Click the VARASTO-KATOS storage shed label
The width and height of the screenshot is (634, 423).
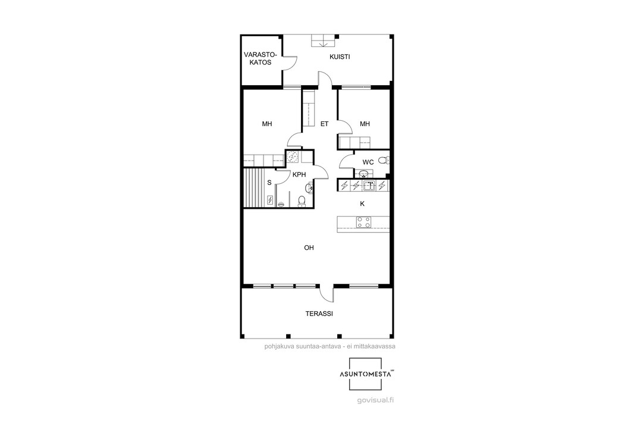(260, 58)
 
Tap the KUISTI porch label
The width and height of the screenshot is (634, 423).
(340, 57)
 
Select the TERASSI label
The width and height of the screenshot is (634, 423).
(319, 314)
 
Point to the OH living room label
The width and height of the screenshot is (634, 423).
(309, 247)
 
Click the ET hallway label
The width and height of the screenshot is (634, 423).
(324, 124)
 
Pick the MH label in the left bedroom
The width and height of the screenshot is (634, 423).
(267, 124)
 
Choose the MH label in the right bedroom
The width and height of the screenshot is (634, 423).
(365, 124)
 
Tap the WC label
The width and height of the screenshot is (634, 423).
(368, 162)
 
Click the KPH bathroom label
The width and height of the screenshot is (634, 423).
(299, 175)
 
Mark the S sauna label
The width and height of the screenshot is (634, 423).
(269, 183)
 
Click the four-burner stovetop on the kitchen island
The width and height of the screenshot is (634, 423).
(363, 222)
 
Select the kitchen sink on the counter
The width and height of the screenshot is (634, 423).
(369, 186)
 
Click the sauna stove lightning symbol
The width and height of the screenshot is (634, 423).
(270, 200)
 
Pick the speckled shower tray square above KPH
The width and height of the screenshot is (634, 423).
(293, 157)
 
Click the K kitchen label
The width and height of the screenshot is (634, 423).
(362, 204)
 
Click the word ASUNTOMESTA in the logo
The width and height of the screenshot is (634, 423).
(365, 374)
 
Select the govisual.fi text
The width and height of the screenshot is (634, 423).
(376, 400)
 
